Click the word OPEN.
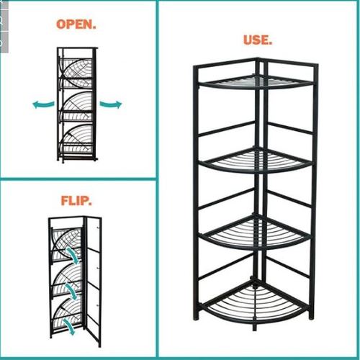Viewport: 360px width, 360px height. (76, 24)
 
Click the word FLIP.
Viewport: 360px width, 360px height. (76, 201)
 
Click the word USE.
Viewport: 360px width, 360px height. (258, 40)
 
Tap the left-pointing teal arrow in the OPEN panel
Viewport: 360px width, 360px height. (43, 104)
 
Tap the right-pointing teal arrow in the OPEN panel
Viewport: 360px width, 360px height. (111, 104)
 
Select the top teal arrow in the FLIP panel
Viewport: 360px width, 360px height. (72, 256)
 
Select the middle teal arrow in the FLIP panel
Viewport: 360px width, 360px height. (71, 292)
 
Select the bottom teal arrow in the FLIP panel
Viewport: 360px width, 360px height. (69, 326)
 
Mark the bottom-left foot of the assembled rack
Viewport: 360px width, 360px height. (196, 316)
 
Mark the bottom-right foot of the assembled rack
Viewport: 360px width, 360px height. (311, 316)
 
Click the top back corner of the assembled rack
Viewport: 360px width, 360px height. (257, 58)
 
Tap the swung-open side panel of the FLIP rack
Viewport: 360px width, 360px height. (93, 281)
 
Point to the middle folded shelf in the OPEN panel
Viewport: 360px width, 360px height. (77, 107)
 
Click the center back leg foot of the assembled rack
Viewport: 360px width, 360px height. (254, 328)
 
